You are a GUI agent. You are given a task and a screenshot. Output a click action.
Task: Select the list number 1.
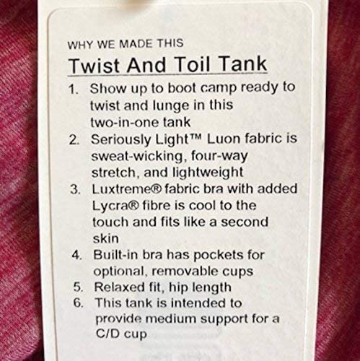pyautogui.click(x=73, y=90)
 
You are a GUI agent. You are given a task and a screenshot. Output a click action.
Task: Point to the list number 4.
pyautogui.click(x=77, y=256)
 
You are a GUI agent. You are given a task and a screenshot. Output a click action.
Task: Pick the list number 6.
pyautogui.click(x=79, y=303)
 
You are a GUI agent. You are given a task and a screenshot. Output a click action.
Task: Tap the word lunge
pyautogui.click(x=172, y=106)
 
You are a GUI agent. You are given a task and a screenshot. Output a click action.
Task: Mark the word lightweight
pyautogui.click(x=193, y=173)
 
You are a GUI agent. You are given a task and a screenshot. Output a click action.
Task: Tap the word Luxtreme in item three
pyautogui.click(x=123, y=190)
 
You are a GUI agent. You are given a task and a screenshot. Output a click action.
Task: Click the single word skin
pyautogui.click(x=105, y=239)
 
